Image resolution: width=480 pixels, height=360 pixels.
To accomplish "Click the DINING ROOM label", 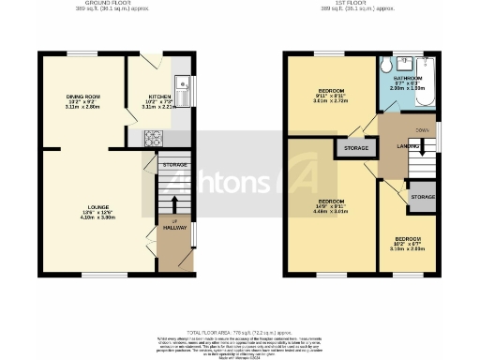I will (82, 97).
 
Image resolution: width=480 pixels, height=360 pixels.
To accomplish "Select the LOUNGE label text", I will (82, 212).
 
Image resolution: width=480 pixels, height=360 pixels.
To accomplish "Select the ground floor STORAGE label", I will (174, 165).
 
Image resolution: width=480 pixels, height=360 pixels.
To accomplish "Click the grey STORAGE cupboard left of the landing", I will (355, 147).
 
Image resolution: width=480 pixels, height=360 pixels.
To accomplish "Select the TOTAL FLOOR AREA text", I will (239, 332).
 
